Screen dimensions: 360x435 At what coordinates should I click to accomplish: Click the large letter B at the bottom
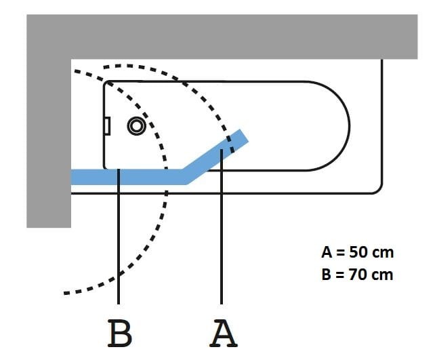(119, 333)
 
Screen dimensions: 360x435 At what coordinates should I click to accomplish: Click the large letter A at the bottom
(223, 333)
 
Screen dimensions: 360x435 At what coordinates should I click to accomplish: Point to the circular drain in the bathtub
(137, 125)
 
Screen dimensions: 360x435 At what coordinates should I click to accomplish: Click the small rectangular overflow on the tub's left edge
(106, 125)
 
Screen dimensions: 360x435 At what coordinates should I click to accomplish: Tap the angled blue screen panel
(214, 155)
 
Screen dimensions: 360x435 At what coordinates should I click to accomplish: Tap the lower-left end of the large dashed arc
(66, 293)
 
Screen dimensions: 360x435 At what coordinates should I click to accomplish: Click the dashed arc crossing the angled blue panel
(229, 143)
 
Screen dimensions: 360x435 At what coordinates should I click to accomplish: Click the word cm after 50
(383, 253)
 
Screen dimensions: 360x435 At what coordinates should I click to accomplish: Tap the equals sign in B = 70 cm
(337, 275)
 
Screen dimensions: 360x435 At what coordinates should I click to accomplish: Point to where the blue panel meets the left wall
(72, 177)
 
